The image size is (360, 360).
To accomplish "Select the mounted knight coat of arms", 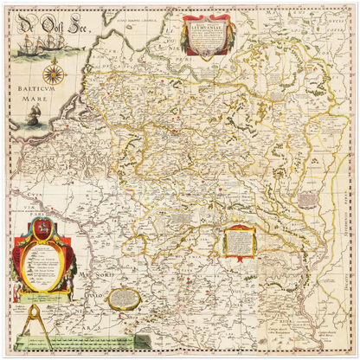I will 38,228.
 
